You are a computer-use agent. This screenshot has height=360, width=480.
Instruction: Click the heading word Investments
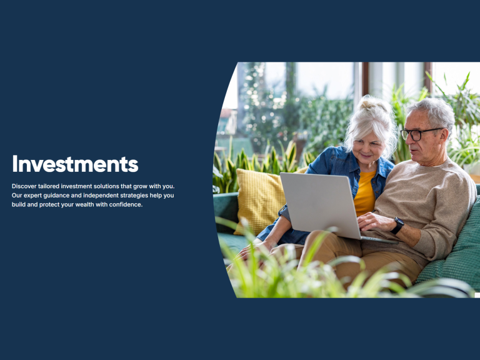point(75,164)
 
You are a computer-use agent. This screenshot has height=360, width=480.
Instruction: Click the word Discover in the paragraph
point(24,186)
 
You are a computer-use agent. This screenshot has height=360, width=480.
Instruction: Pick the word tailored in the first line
point(49,186)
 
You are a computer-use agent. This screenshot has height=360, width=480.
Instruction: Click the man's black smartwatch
point(397,225)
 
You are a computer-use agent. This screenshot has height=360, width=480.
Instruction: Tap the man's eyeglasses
point(419,134)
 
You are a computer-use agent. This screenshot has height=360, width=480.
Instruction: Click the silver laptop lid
point(320,204)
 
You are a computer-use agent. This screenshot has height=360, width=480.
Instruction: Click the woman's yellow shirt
point(365,194)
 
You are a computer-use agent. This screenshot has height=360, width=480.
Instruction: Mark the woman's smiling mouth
point(366,156)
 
